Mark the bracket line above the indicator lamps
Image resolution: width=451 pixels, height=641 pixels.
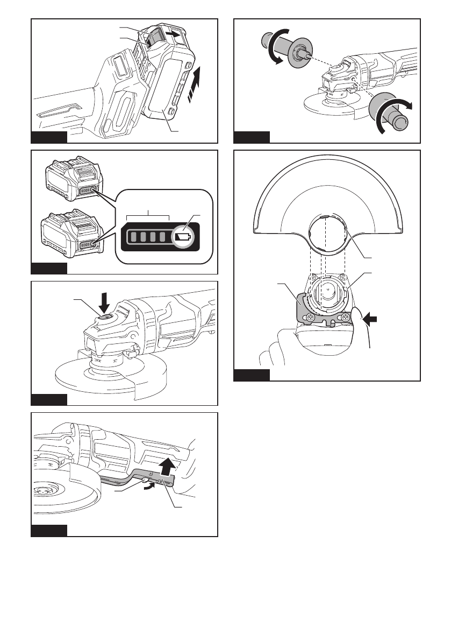[148, 217]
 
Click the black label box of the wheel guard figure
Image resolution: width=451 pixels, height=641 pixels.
[252, 375]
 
